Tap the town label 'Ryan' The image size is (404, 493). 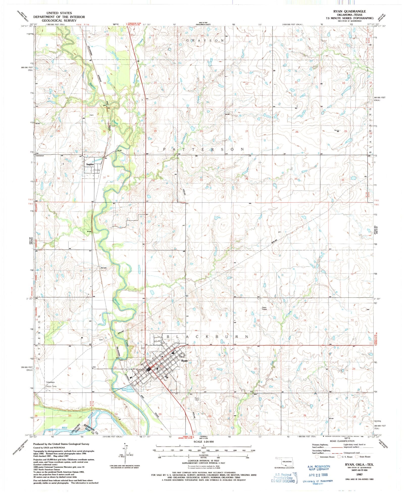pyautogui.click(x=184, y=361)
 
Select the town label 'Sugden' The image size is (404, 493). pyautogui.click(x=90, y=164)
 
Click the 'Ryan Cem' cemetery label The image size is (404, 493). pyautogui.click(x=197, y=399)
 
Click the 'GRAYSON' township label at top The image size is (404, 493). pyautogui.click(x=205, y=40)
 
